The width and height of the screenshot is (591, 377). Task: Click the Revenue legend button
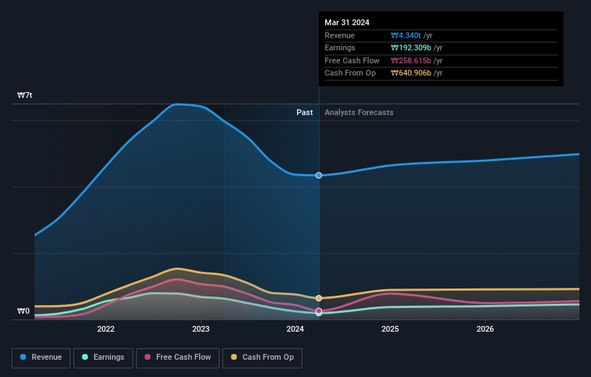(x=41, y=357)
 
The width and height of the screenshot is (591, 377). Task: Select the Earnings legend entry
(x=104, y=357)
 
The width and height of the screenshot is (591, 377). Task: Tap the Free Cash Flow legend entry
(x=178, y=357)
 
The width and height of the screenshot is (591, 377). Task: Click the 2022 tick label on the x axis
(x=106, y=330)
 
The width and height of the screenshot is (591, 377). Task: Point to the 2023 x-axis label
(x=201, y=330)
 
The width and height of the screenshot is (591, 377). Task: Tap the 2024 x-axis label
(x=295, y=330)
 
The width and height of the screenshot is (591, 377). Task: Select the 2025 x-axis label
(x=390, y=330)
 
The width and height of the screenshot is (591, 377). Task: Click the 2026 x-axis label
(x=485, y=330)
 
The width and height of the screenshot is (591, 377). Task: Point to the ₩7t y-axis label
(x=24, y=95)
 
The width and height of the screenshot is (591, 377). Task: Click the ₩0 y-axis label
(x=24, y=312)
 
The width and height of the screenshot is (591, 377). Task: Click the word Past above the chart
(x=304, y=112)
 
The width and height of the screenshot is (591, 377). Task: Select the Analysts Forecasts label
(x=358, y=112)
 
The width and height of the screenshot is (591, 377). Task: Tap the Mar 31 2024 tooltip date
(x=347, y=22)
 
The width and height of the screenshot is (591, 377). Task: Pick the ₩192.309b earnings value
(x=410, y=48)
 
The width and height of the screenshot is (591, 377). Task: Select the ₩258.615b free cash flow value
(x=410, y=60)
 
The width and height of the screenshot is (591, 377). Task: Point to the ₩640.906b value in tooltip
(x=410, y=73)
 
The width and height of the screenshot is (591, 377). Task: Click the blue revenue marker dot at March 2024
(x=319, y=176)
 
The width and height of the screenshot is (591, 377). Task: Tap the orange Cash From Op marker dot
(x=319, y=298)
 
